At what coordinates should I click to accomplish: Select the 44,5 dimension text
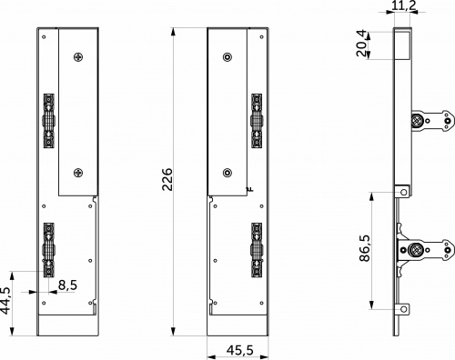pyautogui.click(x=7, y=300)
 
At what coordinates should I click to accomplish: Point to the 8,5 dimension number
pyautogui.click(x=67, y=285)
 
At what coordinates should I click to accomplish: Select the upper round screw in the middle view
pyautogui.click(x=227, y=57)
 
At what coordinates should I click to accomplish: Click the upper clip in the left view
pyautogui.click(x=47, y=119)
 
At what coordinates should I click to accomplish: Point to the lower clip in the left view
pyautogui.click(x=47, y=248)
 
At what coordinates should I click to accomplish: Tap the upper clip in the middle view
pyautogui.click(x=258, y=119)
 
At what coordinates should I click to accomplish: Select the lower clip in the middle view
pyautogui.click(x=258, y=248)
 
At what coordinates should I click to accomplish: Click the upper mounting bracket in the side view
pyautogui.click(x=430, y=121)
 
